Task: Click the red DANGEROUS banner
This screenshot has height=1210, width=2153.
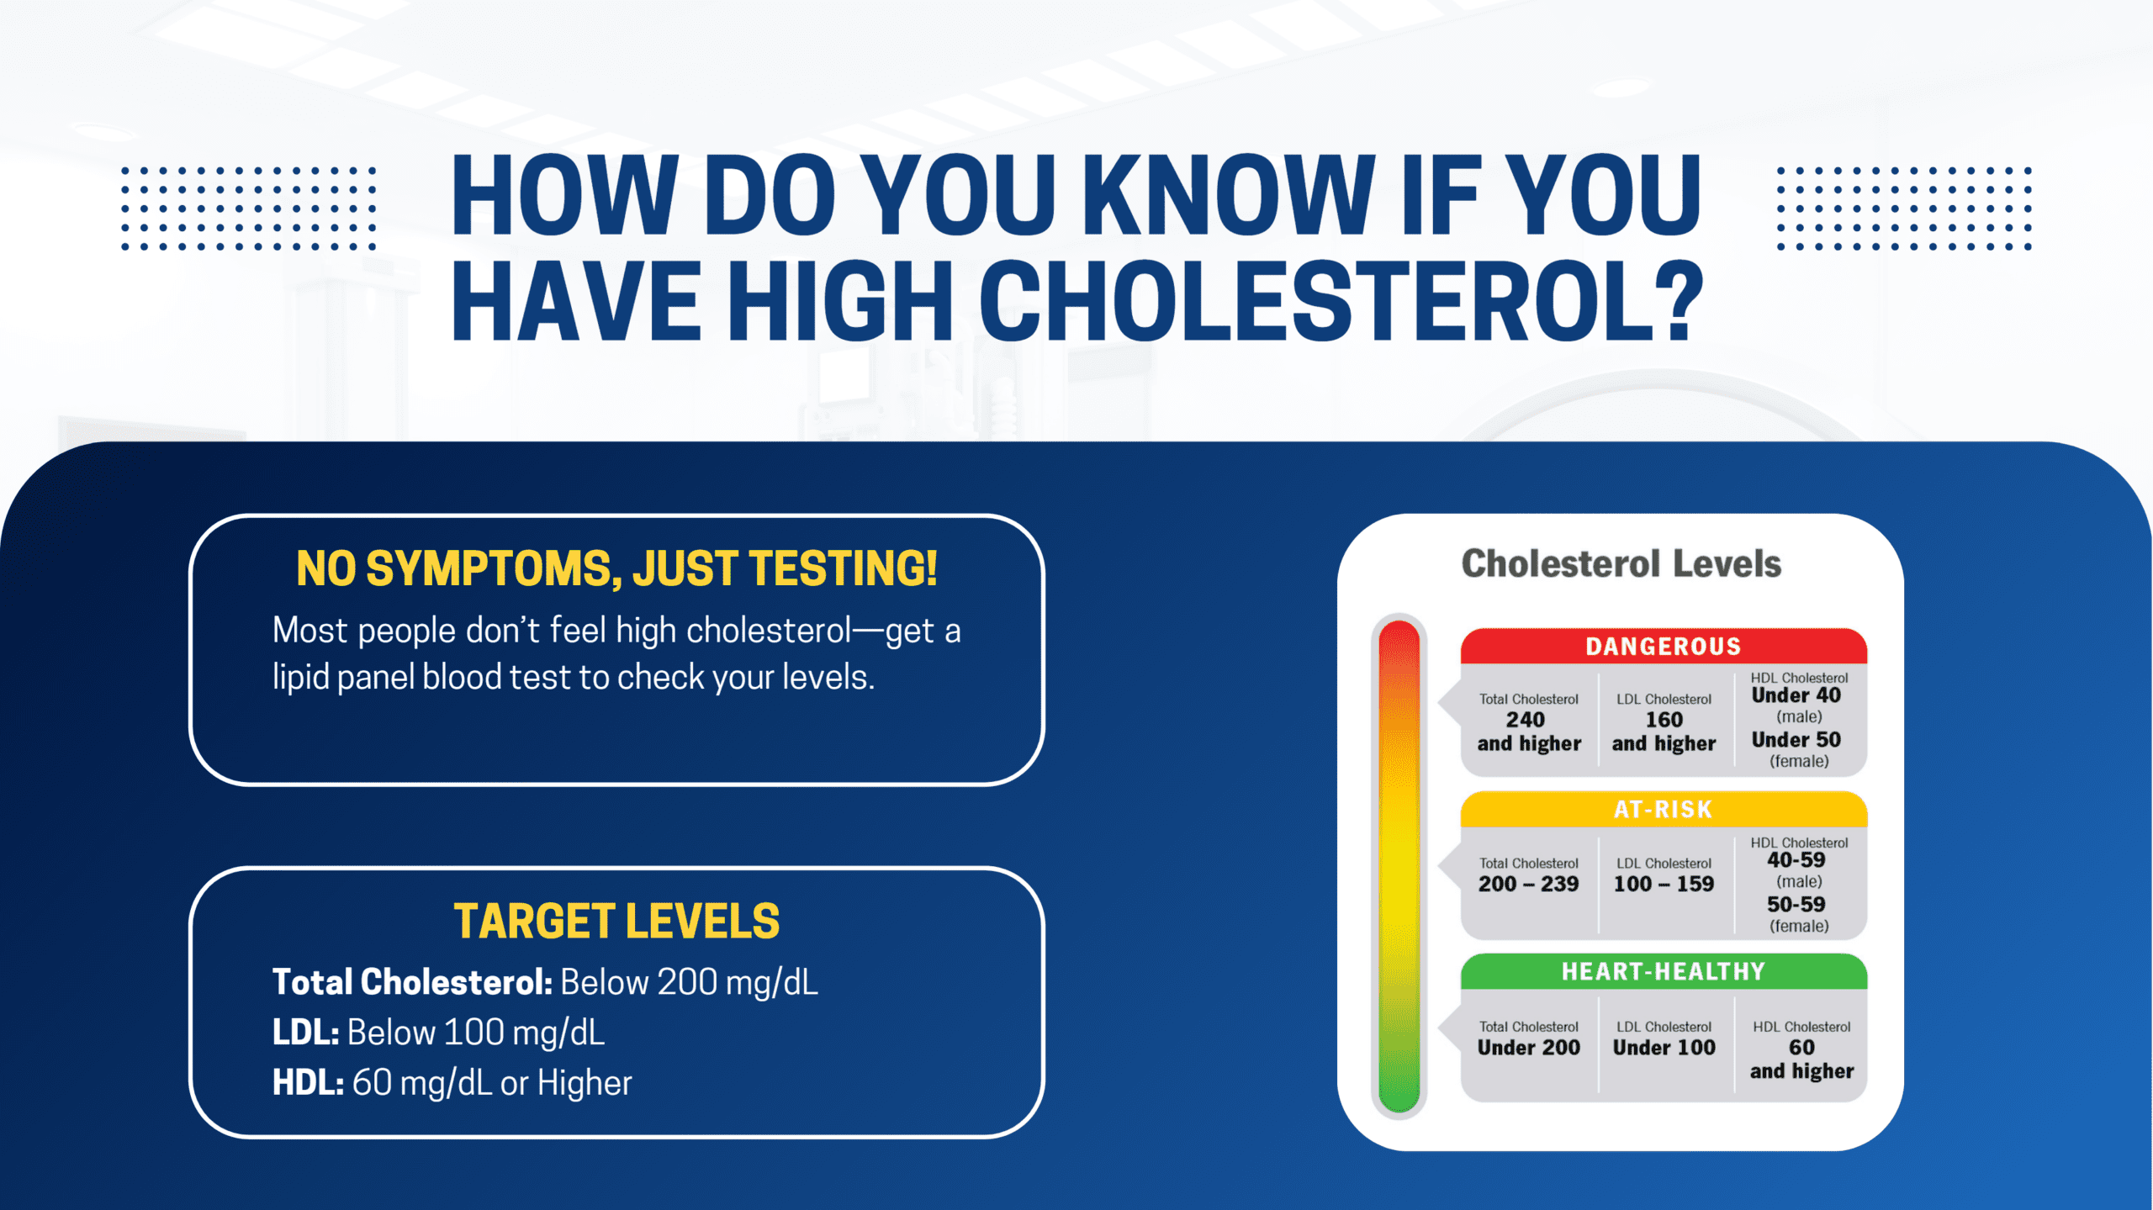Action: click(1663, 646)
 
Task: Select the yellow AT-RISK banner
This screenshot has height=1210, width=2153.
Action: click(1663, 809)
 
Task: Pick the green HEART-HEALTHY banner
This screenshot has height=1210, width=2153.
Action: click(1663, 971)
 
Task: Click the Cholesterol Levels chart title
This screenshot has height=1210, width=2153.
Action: click(1621, 563)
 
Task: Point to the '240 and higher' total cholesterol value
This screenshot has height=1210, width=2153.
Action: click(1528, 731)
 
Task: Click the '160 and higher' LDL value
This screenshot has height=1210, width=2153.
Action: click(1663, 731)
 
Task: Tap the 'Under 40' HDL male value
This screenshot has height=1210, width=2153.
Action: click(1796, 695)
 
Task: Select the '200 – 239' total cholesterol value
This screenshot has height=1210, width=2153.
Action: click(1528, 884)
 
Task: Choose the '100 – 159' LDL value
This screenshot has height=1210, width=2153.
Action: click(1663, 884)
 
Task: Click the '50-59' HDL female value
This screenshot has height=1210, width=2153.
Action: click(1796, 904)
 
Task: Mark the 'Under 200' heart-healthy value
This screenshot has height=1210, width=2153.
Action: click(1528, 1047)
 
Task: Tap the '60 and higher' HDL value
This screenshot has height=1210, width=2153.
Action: click(1801, 1059)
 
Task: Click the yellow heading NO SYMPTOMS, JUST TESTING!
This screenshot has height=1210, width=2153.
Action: click(616, 568)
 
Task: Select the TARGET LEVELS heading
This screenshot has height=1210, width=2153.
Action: click(616, 921)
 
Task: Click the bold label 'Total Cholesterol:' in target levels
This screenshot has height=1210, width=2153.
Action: click(412, 982)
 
